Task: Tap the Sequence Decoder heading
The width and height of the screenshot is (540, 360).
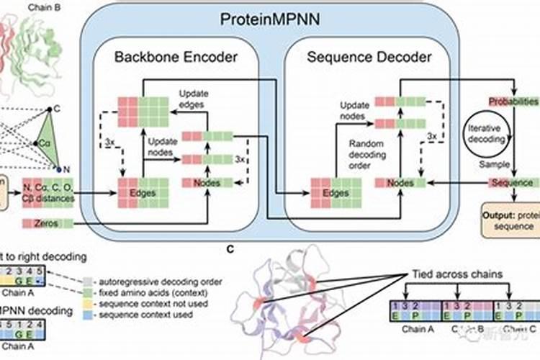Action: pos(370,58)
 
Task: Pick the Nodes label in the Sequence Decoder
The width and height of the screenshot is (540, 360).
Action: pos(400,183)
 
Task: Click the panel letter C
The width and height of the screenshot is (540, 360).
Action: pos(230,250)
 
